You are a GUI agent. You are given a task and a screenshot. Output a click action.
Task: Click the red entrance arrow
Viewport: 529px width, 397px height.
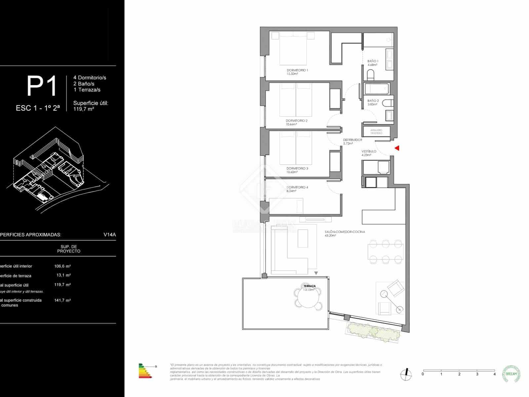click(397, 148)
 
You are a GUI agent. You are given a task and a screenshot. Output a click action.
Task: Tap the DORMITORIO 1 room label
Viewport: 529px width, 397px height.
click(297, 70)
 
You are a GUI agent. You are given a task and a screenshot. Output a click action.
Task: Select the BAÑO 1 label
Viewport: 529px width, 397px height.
click(373, 61)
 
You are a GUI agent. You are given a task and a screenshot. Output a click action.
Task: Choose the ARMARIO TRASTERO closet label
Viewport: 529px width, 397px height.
click(376, 131)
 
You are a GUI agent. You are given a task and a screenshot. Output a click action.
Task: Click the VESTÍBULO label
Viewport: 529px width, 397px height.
click(369, 152)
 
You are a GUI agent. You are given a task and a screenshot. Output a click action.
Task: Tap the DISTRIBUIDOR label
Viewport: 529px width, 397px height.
click(352, 140)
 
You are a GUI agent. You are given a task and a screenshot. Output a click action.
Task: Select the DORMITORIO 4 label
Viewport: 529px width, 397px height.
click(297, 188)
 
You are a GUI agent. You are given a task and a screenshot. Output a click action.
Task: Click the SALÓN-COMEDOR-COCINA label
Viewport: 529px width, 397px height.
click(345, 232)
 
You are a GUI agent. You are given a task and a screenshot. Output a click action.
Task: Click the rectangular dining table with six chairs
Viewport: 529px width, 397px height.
click(385, 252)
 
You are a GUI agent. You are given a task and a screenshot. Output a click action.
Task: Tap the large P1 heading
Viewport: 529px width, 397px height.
click(42, 86)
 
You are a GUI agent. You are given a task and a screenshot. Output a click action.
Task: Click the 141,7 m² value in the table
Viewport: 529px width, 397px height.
click(62, 300)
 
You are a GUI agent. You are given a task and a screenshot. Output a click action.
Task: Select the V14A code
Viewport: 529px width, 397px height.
click(109, 235)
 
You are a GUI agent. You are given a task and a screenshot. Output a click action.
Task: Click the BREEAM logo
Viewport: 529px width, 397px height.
click(511, 374)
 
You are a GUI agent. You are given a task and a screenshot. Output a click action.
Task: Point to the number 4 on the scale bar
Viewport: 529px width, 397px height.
click(494, 374)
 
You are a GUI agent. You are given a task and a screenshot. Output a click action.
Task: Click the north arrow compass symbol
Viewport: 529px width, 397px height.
click(406, 374)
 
